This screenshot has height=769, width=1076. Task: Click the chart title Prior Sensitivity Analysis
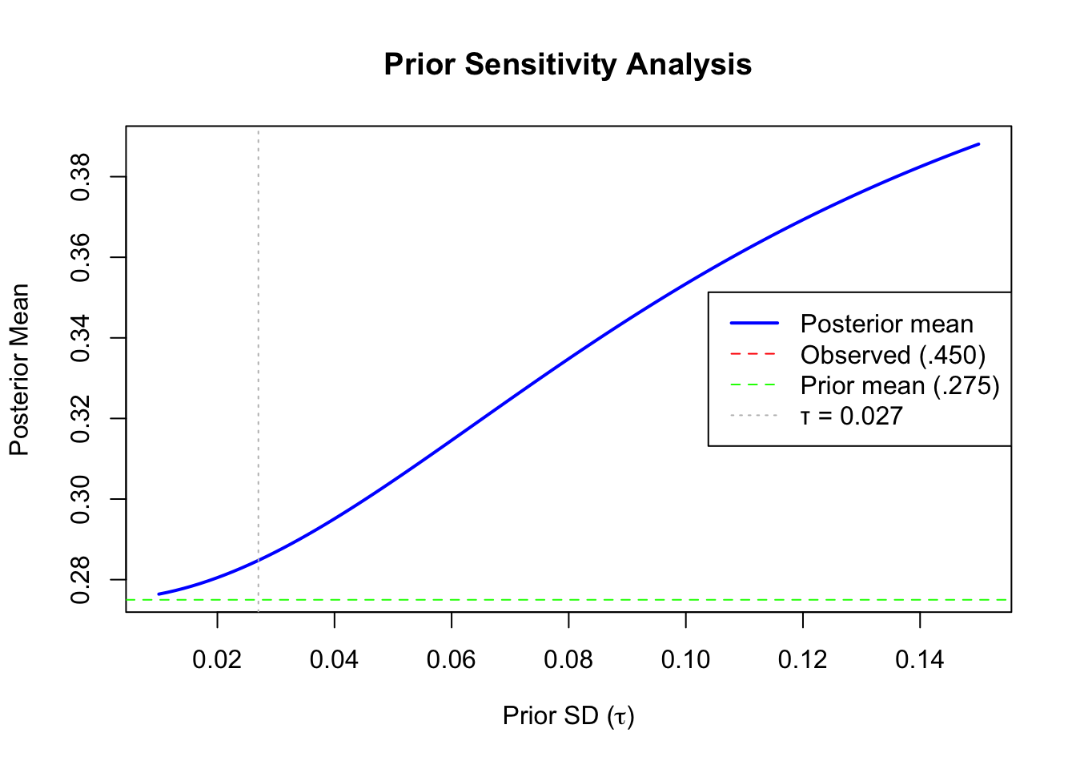568,64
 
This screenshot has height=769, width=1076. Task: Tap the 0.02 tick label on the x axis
217,660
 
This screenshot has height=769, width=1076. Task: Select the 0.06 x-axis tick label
451,660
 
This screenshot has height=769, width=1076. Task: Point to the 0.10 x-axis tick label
685,660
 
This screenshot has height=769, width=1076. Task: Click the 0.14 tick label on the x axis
920,660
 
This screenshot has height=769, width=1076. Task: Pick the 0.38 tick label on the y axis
81,176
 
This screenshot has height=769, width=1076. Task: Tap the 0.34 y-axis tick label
81,338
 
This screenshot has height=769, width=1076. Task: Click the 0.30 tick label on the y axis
81,499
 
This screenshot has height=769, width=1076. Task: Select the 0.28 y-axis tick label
81,579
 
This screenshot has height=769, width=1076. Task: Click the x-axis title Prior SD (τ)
568,715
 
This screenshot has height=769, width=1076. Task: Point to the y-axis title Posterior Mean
19,369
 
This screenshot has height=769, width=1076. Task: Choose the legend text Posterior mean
886,324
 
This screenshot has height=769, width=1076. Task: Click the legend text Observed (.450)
893,355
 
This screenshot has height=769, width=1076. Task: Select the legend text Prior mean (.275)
900,385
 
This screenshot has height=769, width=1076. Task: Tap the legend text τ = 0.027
851,416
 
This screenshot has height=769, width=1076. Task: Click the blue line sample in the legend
753,324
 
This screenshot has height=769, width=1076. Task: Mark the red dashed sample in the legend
753,354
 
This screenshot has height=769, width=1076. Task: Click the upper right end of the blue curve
978,144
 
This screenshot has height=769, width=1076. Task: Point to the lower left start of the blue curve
159,594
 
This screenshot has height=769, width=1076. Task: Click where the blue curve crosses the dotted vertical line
258,560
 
